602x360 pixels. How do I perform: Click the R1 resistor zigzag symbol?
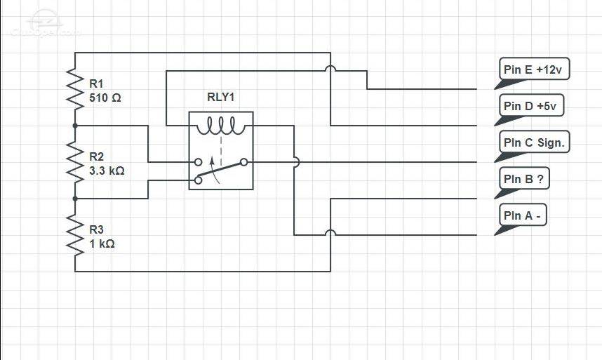pos(75,89)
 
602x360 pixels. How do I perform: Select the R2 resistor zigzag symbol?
pos(75,162)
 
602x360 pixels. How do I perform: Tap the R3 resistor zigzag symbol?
pos(75,235)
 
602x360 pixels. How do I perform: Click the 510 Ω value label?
pos(105,98)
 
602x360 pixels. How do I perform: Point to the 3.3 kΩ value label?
pos(107,171)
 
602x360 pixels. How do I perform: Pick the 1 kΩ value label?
pos(102,244)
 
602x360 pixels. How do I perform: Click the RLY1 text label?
pos(221,97)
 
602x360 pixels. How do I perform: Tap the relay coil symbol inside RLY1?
pos(221,126)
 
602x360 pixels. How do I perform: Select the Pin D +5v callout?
pos(529,109)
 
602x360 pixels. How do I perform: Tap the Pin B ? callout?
pos(522,182)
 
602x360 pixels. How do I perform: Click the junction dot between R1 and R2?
pos(75,126)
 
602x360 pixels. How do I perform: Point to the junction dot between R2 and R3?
pos(75,199)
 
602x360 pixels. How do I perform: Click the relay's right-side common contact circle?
pos(243,162)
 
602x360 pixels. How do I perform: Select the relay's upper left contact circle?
pos(198,162)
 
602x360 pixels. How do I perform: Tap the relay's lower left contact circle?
pos(198,180)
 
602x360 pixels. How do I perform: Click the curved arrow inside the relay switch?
pos(215,170)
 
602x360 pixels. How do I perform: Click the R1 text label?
pos(96,84)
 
